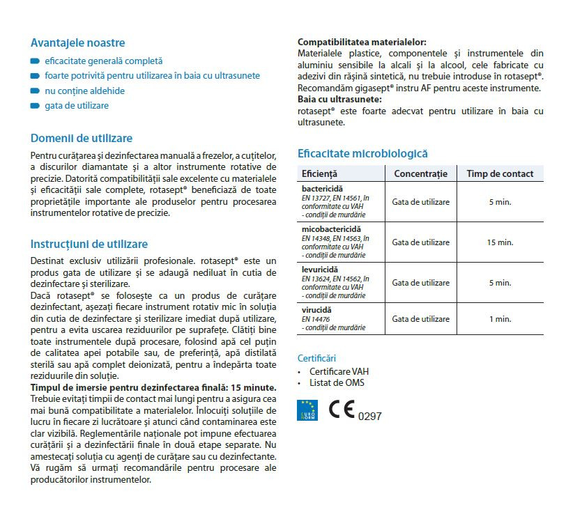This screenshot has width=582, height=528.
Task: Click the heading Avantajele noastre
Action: point(78,43)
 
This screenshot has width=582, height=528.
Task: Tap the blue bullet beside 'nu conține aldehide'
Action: point(35,91)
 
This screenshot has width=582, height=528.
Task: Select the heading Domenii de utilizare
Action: point(82,139)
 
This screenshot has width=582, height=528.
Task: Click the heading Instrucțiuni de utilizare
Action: point(89,244)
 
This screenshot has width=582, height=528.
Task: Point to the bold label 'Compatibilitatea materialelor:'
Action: point(362,42)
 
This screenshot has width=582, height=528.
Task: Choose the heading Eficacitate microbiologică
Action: point(362,154)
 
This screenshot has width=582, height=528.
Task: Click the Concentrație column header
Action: point(420,174)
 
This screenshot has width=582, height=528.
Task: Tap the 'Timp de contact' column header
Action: point(500,174)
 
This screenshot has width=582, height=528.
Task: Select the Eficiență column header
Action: point(319,174)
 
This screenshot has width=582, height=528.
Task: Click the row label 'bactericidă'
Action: point(322,189)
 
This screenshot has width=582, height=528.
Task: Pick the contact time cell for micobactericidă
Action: point(500,242)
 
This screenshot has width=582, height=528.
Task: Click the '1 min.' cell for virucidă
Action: point(500,319)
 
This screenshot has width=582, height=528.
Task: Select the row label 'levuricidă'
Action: point(320,269)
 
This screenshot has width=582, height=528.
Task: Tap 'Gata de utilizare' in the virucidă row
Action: point(420,319)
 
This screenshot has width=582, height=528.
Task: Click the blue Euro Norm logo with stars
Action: point(307,410)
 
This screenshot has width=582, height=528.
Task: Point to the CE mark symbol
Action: point(342,410)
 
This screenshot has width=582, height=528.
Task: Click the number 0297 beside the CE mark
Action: point(370,417)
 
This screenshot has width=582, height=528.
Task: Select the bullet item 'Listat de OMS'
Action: point(337,383)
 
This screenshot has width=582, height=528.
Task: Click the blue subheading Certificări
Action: point(316,358)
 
